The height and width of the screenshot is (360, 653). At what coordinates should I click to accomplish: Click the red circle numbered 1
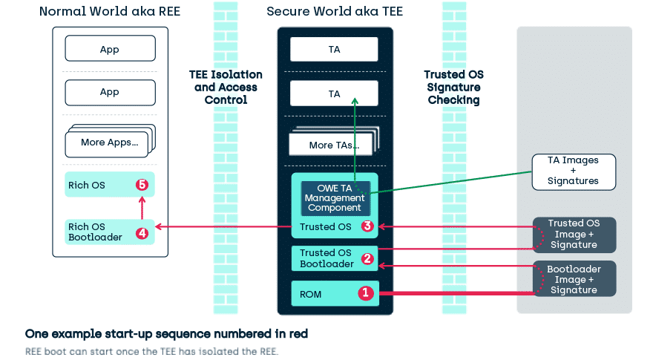(x=365, y=293)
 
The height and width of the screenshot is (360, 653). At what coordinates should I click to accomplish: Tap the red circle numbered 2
(x=366, y=259)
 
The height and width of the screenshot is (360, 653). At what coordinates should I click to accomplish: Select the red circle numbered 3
(x=366, y=226)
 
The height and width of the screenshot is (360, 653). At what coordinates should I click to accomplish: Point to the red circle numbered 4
(x=142, y=233)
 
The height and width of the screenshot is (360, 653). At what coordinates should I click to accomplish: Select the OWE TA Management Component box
(x=335, y=197)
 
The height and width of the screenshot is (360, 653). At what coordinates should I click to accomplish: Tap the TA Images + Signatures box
(x=572, y=171)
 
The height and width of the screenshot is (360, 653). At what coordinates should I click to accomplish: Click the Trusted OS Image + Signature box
(x=574, y=234)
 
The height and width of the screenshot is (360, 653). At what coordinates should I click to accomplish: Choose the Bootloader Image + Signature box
(x=574, y=279)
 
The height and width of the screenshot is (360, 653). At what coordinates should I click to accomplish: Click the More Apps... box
(x=108, y=142)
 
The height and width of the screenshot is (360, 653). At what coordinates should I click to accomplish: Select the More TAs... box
(x=332, y=144)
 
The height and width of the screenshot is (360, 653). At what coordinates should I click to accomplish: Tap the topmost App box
(x=110, y=50)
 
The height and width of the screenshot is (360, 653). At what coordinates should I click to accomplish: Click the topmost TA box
(x=334, y=50)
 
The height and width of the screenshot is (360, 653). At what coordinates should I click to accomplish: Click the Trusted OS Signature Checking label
(x=453, y=87)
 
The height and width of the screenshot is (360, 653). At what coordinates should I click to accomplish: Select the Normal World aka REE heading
(x=109, y=11)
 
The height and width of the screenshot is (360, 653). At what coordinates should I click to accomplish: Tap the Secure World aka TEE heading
(x=334, y=11)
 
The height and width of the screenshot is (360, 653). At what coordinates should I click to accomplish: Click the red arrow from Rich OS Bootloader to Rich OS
(x=142, y=209)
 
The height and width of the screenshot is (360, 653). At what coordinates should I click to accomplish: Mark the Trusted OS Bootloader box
(x=326, y=258)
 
